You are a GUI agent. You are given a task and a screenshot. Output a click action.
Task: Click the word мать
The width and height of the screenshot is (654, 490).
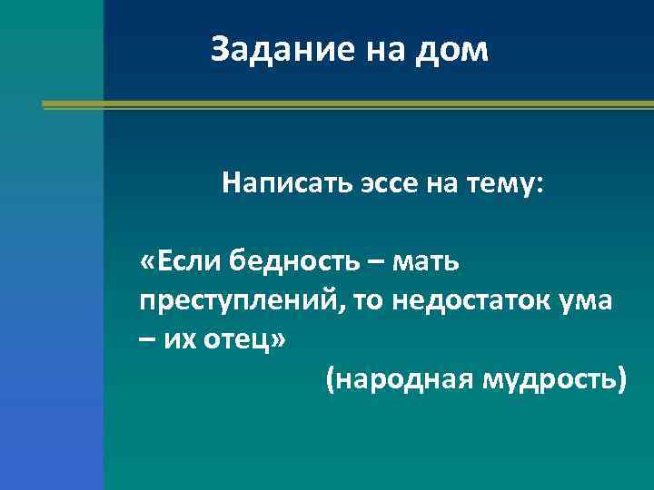pyautogui.click(x=430, y=262)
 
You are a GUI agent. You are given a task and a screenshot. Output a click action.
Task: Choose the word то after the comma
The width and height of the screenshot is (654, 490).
pyautogui.click(x=370, y=300)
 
